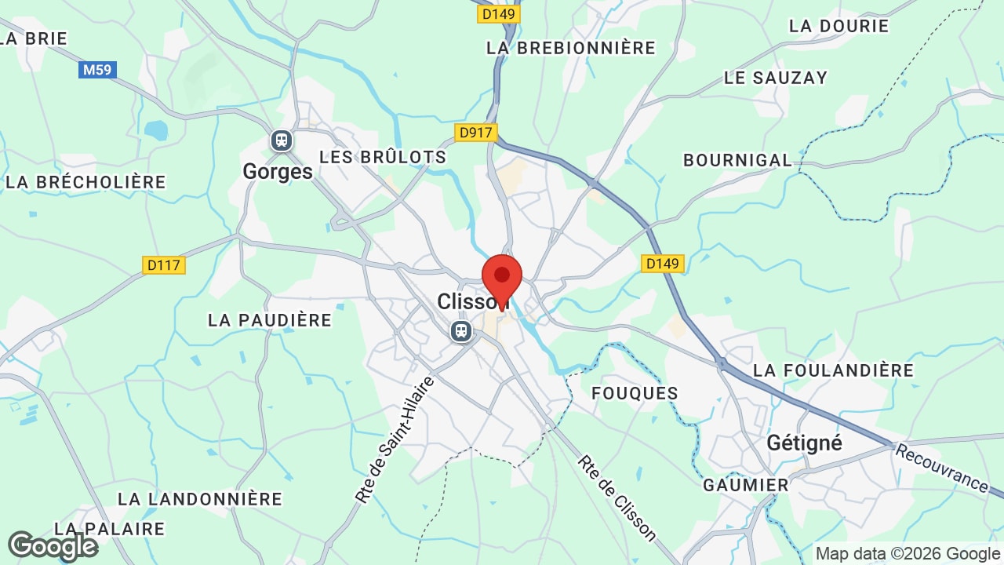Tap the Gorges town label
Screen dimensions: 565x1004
[x=278, y=171]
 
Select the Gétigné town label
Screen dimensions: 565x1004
[x=804, y=443]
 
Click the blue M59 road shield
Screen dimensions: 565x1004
[x=98, y=70]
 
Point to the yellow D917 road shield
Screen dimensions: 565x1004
[x=476, y=132]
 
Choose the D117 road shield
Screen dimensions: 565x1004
[x=164, y=265]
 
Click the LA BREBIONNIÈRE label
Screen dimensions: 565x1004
[x=570, y=48]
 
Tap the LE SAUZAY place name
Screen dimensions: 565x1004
[x=775, y=78]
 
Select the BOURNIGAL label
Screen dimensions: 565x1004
[x=737, y=160]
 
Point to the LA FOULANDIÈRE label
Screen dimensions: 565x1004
[x=833, y=370]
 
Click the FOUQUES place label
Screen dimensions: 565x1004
[x=635, y=393]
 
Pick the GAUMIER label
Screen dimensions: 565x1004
[x=745, y=485]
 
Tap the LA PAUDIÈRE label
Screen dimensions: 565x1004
[x=270, y=320]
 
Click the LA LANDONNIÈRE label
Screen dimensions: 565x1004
[x=199, y=499]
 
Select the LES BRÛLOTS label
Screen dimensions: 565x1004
[x=383, y=157]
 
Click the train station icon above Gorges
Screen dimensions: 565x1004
[x=281, y=140]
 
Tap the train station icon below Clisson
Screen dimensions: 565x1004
[x=461, y=331]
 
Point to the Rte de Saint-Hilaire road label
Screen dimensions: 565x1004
[x=395, y=439]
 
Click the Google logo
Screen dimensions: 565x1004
[x=53, y=546]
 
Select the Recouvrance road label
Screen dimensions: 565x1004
[x=941, y=468]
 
